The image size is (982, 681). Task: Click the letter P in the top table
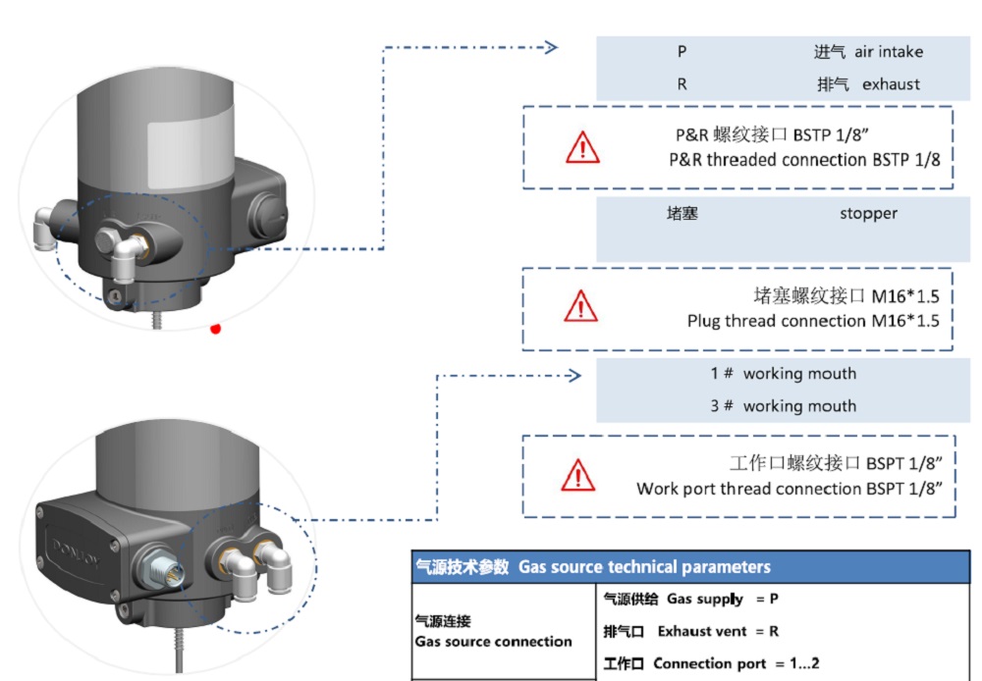[682, 52]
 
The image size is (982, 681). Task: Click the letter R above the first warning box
[682, 84]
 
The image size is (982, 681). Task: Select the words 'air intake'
[888, 52]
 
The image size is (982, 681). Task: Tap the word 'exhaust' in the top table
[891, 84]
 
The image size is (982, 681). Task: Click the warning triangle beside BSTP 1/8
[581, 147]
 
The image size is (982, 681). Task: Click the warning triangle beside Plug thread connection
[581, 306]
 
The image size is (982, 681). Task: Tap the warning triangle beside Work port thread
[578, 475]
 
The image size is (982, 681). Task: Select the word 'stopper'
[868, 213]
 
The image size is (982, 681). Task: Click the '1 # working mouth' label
[783, 374]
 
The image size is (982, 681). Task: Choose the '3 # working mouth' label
[783, 406]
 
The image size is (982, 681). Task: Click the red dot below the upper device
[215, 329]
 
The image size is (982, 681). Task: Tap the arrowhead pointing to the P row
[551, 47]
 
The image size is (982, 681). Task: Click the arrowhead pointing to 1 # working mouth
[575, 375]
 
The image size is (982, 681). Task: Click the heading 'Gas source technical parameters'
[644, 567]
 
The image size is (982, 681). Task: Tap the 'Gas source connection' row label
[493, 642]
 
